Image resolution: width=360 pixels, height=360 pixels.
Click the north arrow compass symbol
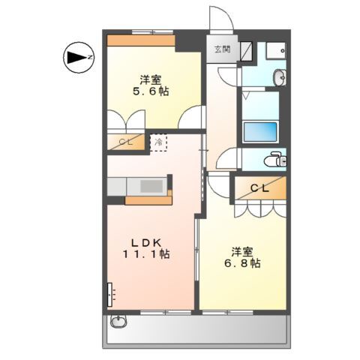point(76,57)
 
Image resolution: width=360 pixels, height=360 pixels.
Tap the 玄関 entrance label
point(222,49)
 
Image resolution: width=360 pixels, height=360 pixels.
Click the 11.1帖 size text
point(147,255)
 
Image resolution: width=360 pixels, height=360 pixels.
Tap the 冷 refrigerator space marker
point(158,141)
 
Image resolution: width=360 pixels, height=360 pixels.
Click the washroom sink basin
point(279,76)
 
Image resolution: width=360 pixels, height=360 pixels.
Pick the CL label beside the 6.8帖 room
point(259,188)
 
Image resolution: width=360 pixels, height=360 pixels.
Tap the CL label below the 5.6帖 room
point(124,141)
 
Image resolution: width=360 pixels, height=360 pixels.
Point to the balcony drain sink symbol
point(119,323)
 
